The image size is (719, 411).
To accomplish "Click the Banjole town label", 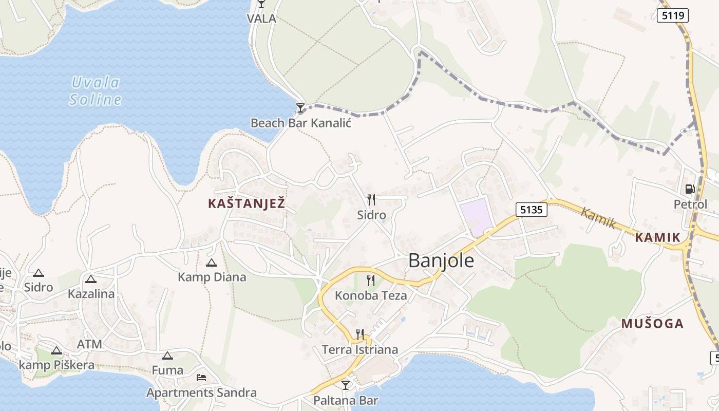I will click(441, 261).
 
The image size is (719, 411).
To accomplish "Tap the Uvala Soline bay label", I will click(96, 91).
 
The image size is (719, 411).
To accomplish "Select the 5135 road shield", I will click(532, 209).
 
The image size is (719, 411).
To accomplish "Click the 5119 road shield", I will click(672, 15).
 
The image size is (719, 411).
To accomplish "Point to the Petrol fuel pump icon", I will click(690, 189).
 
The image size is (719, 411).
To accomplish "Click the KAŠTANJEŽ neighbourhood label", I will click(246, 203).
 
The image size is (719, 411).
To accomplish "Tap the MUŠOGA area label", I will click(652, 324).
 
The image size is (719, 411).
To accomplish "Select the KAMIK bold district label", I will click(657, 237).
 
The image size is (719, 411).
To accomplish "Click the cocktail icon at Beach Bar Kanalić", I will click(300, 108).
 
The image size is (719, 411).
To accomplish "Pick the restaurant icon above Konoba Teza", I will click(370, 280).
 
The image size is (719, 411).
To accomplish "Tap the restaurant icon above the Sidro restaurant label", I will click(371, 199).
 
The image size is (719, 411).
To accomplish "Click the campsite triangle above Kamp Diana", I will click(211, 263).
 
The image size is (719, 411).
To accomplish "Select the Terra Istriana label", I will click(359, 350).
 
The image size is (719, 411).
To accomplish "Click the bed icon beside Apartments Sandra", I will click(201, 378).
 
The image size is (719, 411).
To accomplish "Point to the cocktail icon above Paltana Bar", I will click(346, 384).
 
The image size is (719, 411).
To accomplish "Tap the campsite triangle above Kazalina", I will click(91, 279).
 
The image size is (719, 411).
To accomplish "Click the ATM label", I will click(89, 344).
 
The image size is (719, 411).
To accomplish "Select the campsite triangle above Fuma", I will click(167, 356).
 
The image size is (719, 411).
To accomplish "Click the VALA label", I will click(261, 19).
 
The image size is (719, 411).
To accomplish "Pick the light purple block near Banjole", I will click(476, 217).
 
